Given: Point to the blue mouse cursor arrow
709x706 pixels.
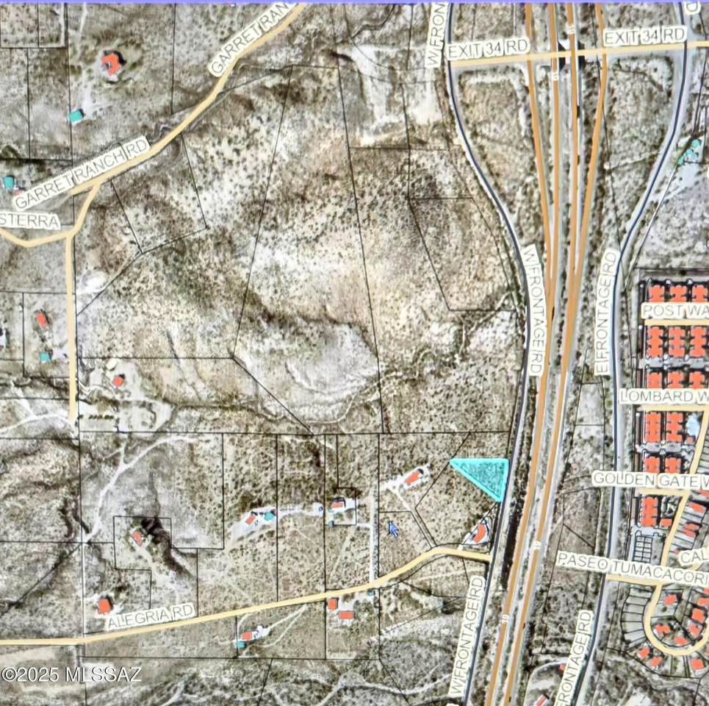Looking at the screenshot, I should coord(393,529).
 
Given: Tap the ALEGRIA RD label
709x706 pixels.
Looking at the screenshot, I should coord(150,616).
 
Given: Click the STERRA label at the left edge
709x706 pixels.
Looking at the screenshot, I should coord(29,221).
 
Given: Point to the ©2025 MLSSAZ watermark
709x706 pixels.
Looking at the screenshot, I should coord(71,674).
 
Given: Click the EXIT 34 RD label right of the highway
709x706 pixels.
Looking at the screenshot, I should coord(644,36).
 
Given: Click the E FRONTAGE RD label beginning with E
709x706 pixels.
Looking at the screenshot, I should coord(607,312).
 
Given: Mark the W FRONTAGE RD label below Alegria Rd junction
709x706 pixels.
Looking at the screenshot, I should coord(467,637).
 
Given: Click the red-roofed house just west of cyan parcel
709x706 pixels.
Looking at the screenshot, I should coord(414,477).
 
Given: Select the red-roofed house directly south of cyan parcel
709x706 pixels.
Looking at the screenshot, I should coord(479,532).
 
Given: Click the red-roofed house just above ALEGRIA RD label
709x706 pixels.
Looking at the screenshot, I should coord(104,605).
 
